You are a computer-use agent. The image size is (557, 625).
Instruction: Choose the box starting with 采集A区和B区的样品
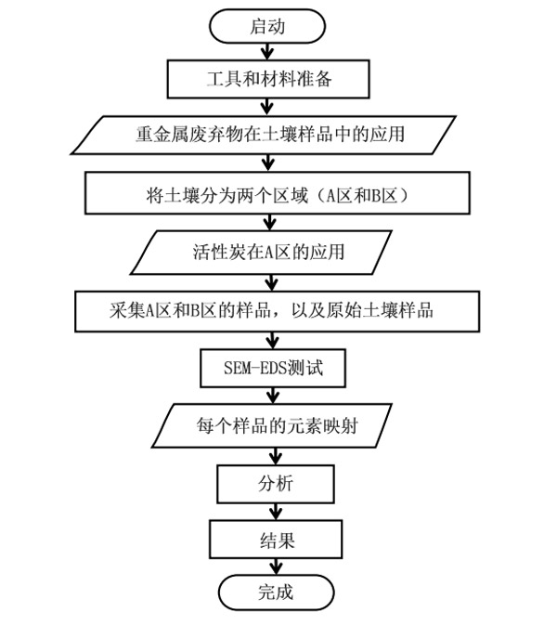tap(270, 311)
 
